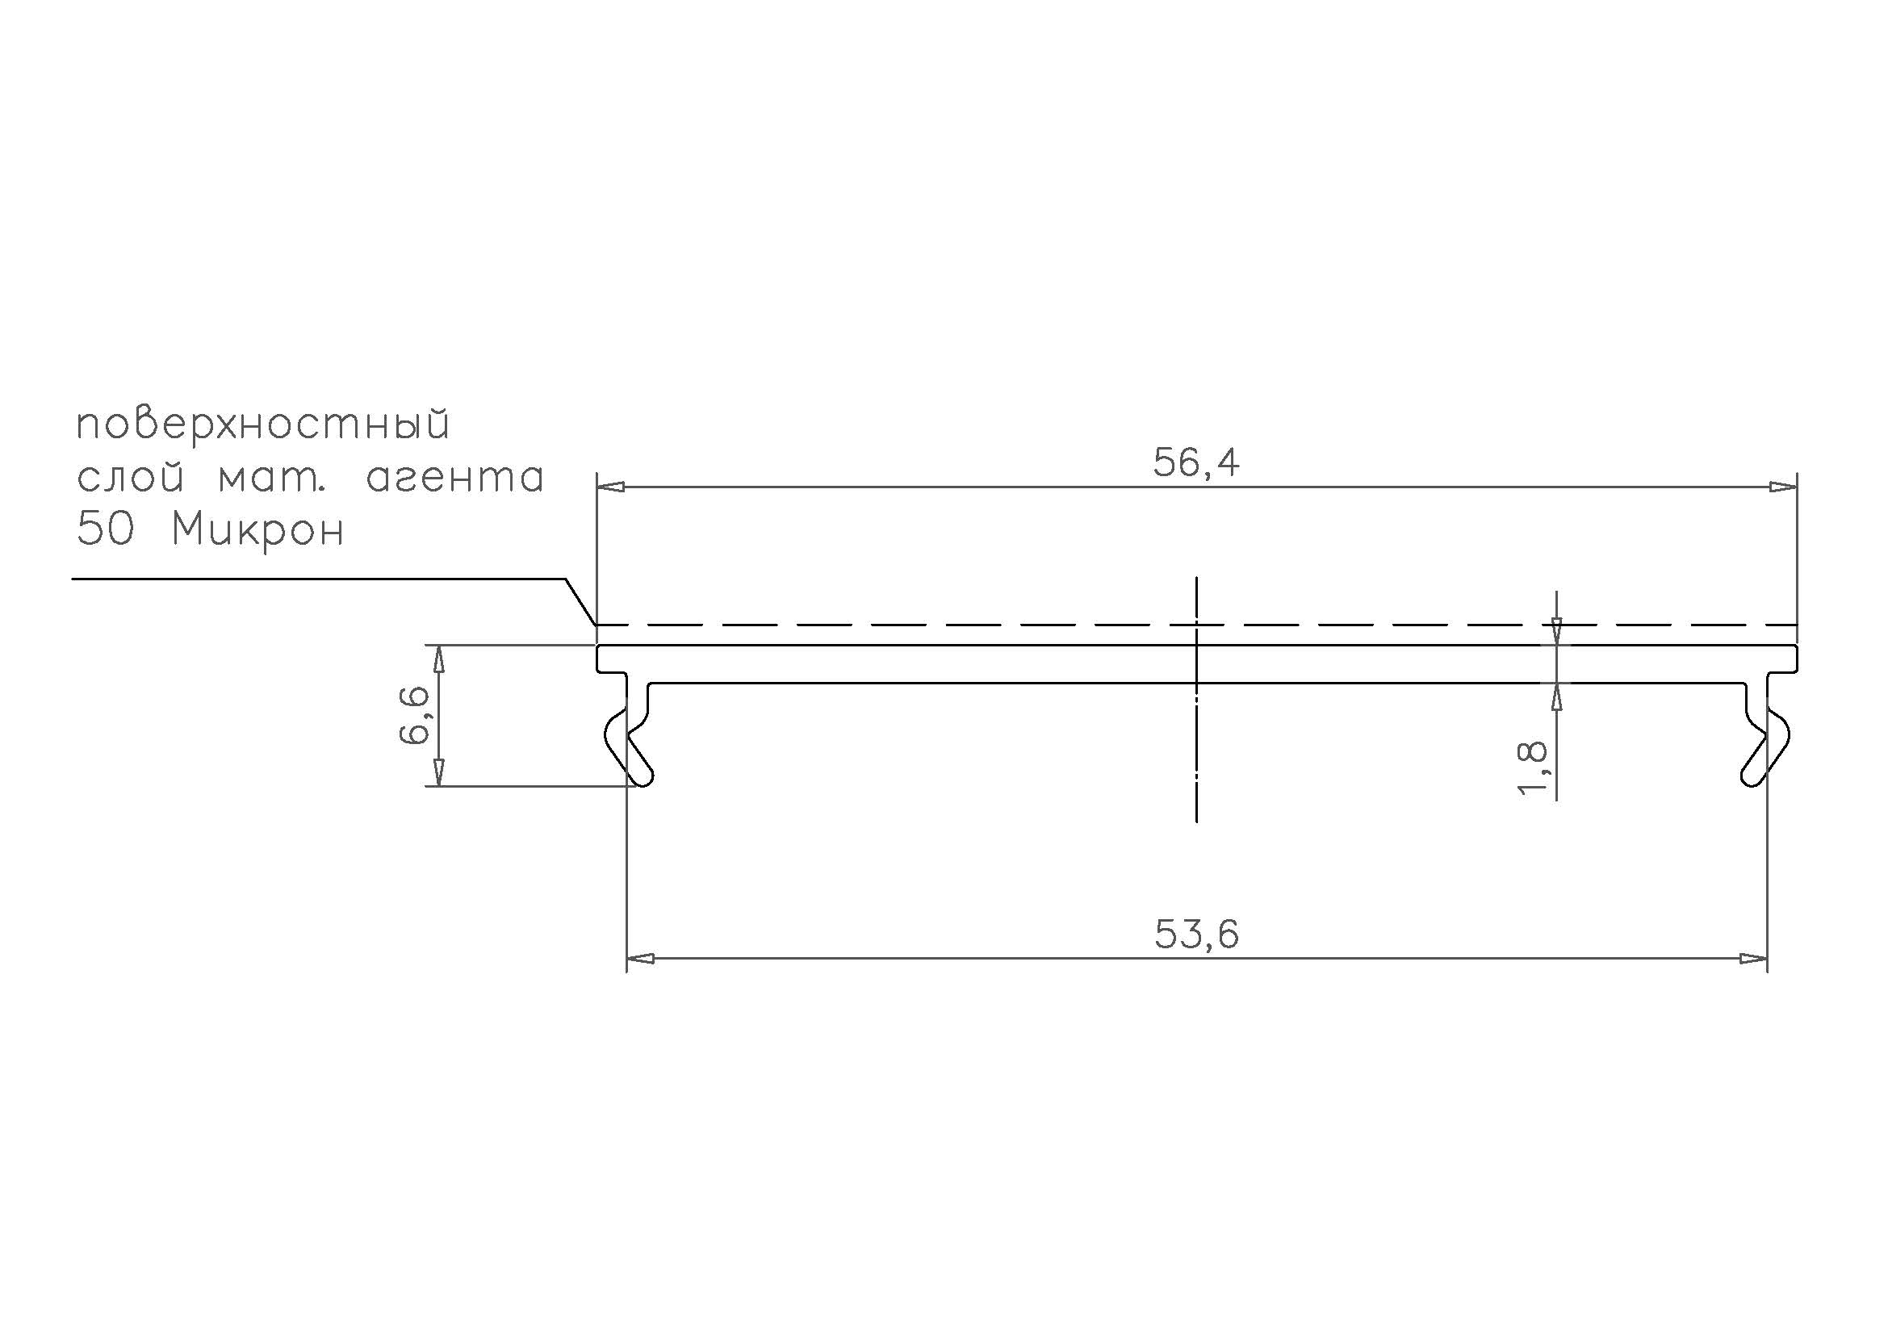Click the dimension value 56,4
pos(1195,462)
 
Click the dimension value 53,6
pos(1196,935)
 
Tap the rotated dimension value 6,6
pos(414,716)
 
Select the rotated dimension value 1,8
pos(1533,768)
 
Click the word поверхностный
pos(263,426)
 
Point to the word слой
pos(130,479)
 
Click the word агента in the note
pos(454,479)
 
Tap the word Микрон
pos(257,531)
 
